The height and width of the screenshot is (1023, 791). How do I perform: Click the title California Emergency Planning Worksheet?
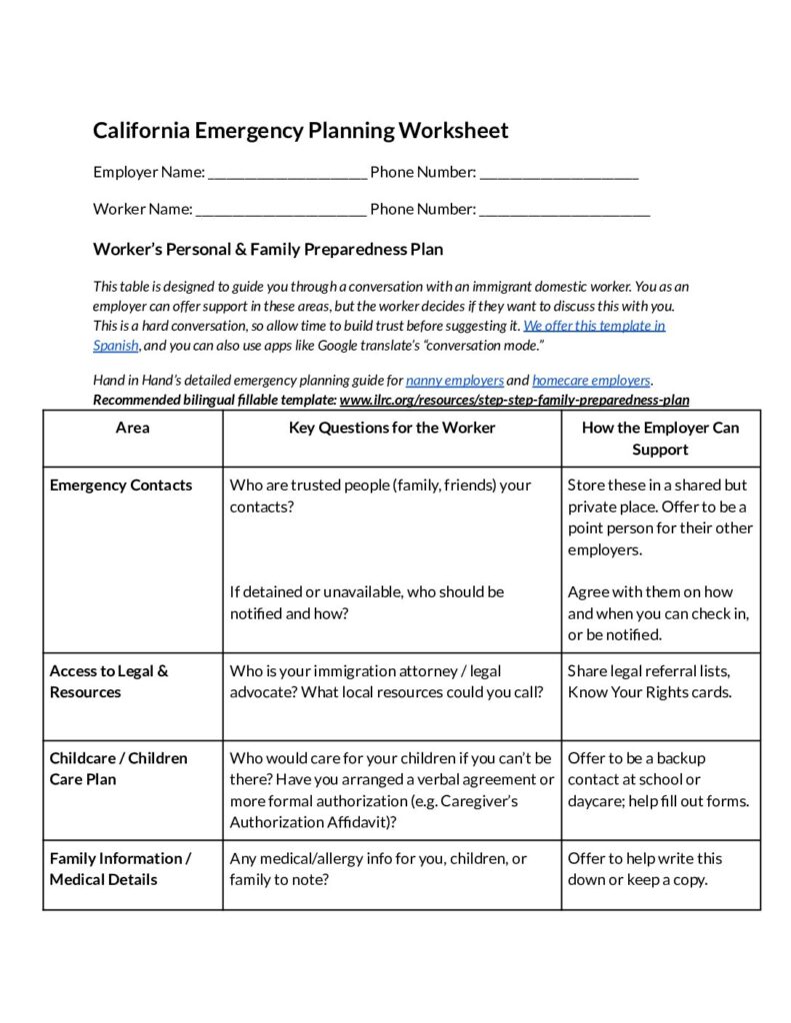pos(301,131)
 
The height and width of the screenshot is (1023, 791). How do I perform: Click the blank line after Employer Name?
pos(287,173)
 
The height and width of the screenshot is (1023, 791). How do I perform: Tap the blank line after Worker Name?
pos(281,210)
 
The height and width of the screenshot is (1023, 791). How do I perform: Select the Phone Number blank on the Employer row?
pos(559,173)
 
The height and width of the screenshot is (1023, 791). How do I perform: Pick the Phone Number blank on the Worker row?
pos(565,210)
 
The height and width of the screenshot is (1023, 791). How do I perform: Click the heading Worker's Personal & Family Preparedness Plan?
pos(268,249)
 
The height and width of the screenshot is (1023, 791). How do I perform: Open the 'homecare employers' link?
pos(591,381)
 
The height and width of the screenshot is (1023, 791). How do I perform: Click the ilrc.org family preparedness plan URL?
pos(514,400)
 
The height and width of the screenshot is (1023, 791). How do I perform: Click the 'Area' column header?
pos(133,428)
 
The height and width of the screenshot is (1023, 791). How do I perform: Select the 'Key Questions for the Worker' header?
pos(392,428)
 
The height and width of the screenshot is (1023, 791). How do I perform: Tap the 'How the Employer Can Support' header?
pos(660,439)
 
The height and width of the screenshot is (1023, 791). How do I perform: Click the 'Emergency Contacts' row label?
pos(121,486)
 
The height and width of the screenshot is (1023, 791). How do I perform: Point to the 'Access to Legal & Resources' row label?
pos(109,681)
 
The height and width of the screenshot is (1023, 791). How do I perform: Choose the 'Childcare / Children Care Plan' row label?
pos(118,768)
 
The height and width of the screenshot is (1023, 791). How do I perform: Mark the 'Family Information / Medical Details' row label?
pos(119,868)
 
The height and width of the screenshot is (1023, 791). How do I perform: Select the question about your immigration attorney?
pos(386,681)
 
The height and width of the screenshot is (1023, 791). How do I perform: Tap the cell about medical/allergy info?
pos(378,868)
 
